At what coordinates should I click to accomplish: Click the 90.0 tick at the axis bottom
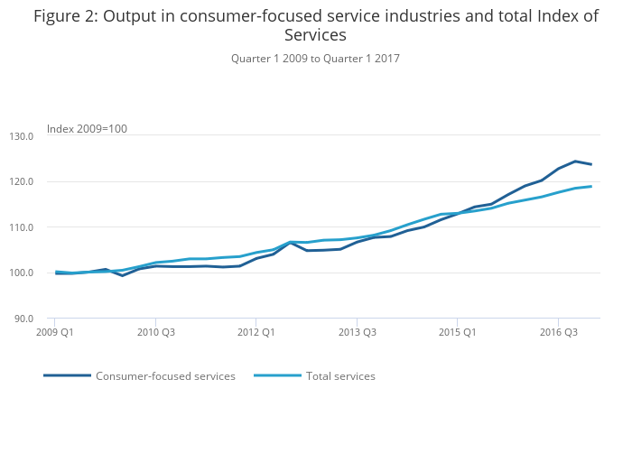(x=23, y=319)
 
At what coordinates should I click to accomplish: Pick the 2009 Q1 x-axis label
(x=55, y=332)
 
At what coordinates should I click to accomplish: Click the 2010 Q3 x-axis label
(x=155, y=332)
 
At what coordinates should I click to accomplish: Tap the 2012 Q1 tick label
(x=256, y=332)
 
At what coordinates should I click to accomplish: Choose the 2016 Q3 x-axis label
(x=558, y=332)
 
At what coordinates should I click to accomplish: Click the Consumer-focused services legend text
(x=165, y=376)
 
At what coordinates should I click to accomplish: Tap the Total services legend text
(x=340, y=376)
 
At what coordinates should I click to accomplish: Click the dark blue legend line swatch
(x=67, y=375)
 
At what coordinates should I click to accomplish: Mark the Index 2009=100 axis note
(x=87, y=129)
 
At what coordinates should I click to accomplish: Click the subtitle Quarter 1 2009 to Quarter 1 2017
(x=315, y=59)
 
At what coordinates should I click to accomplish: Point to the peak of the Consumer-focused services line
(x=575, y=162)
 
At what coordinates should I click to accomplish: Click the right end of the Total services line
(x=591, y=187)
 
